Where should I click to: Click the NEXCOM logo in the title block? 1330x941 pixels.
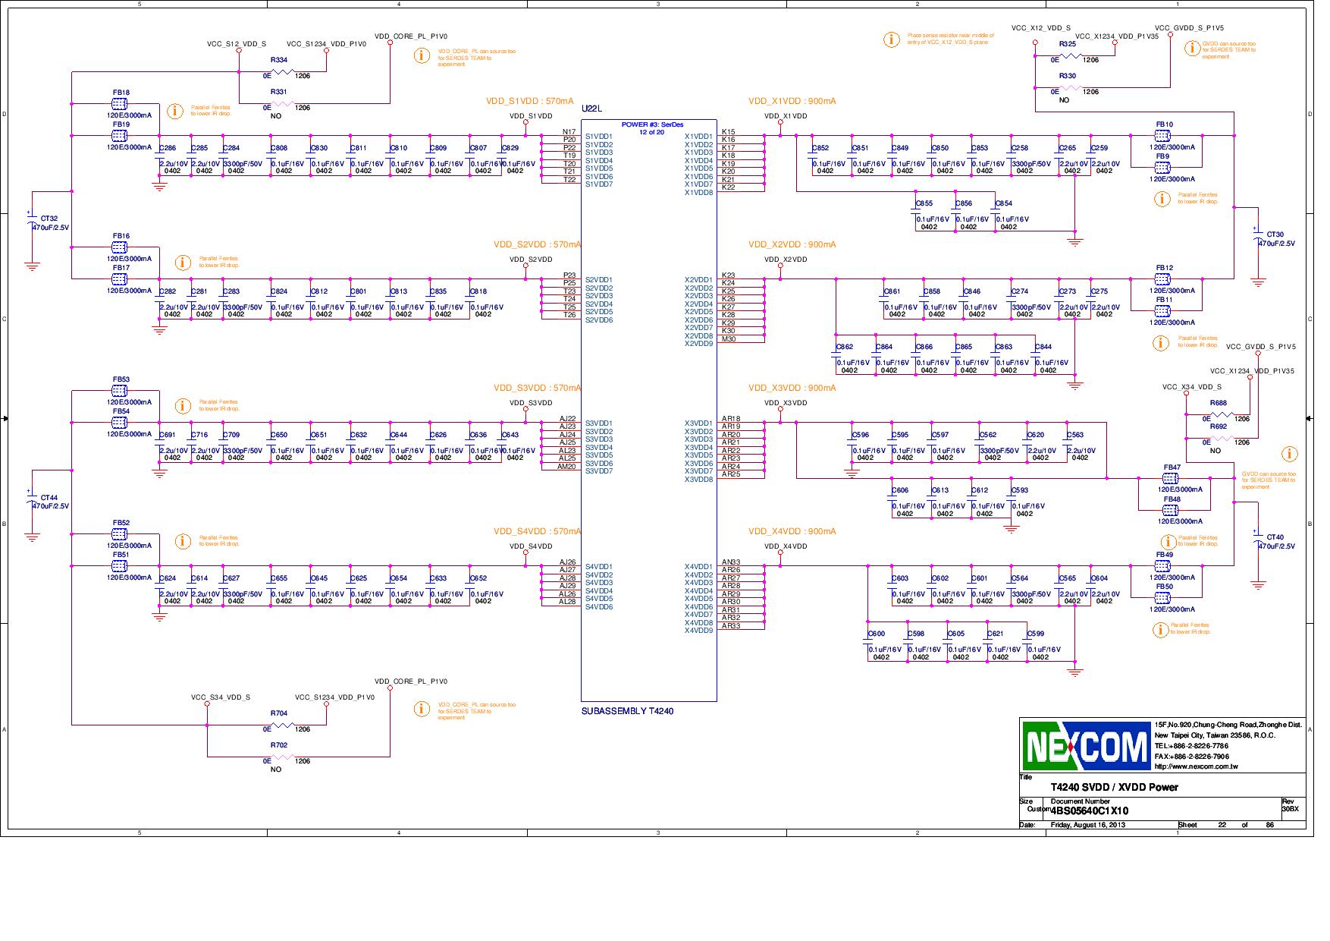pyautogui.click(x=1086, y=746)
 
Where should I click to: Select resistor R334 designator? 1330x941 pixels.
pyautogui.click(x=279, y=60)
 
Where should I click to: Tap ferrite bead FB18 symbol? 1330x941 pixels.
pyautogui.click(x=119, y=103)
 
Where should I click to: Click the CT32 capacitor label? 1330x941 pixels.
pyautogui.click(x=49, y=219)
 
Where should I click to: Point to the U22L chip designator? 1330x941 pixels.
pyautogui.click(x=591, y=109)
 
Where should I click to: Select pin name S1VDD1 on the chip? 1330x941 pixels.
pyautogui.click(x=599, y=137)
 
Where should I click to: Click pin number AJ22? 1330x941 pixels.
pyautogui.click(x=567, y=419)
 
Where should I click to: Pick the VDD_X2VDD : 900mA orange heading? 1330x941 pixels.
pyautogui.click(x=792, y=245)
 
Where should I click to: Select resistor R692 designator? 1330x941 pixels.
pyautogui.click(x=1219, y=426)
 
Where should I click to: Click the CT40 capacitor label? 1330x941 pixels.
pyautogui.click(x=1275, y=537)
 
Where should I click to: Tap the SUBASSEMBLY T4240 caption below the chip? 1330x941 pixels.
pyautogui.click(x=627, y=711)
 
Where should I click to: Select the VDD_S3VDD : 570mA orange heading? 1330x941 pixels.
pyautogui.click(x=537, y=389)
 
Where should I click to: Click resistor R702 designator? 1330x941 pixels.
pyautogui.click(x=279, y=745)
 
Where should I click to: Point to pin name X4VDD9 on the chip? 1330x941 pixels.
pyautogui.click(x=698, y=631)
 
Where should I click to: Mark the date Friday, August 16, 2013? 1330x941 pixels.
pyautogui.click(x=1088, y=825)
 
